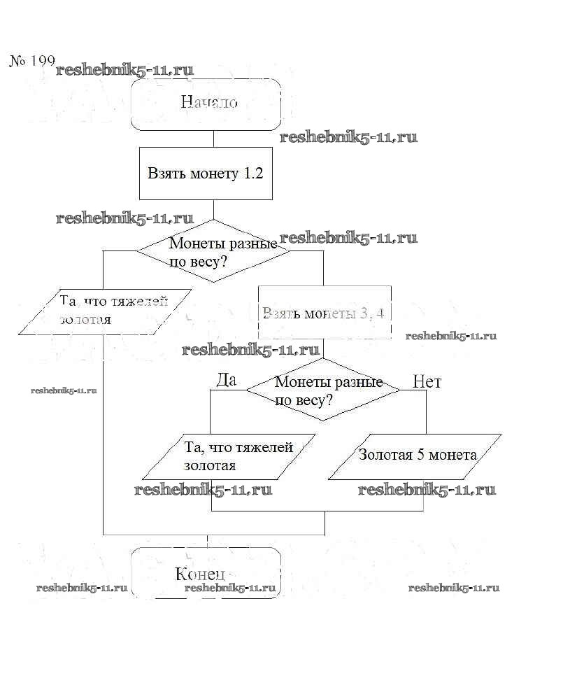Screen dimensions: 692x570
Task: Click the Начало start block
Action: (x=206, y=104)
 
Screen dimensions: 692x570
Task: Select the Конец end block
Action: (x=206, y=573)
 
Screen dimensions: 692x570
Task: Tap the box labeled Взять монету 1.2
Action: (x=206, y=174)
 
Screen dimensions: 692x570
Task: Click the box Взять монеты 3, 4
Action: (x=324, y=312)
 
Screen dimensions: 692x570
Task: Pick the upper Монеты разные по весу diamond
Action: (x=213, y=251)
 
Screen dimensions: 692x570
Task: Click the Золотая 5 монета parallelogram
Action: (x=417, y=456)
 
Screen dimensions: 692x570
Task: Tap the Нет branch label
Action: (x=427, y=381)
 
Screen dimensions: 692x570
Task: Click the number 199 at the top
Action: (x=41, y=61)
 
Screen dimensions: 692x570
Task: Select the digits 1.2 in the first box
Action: (x=252, y=174)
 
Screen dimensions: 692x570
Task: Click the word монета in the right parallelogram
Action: (x=453, y=455)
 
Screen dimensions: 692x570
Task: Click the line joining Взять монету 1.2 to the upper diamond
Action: (x=213, y=209)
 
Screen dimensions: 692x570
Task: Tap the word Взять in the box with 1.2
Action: (x=166, y=174)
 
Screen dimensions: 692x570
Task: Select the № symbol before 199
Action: (x=17, y=61)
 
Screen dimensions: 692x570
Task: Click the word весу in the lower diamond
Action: (x=313, y=401)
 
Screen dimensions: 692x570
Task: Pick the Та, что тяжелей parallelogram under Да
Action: (x=238, y=456)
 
